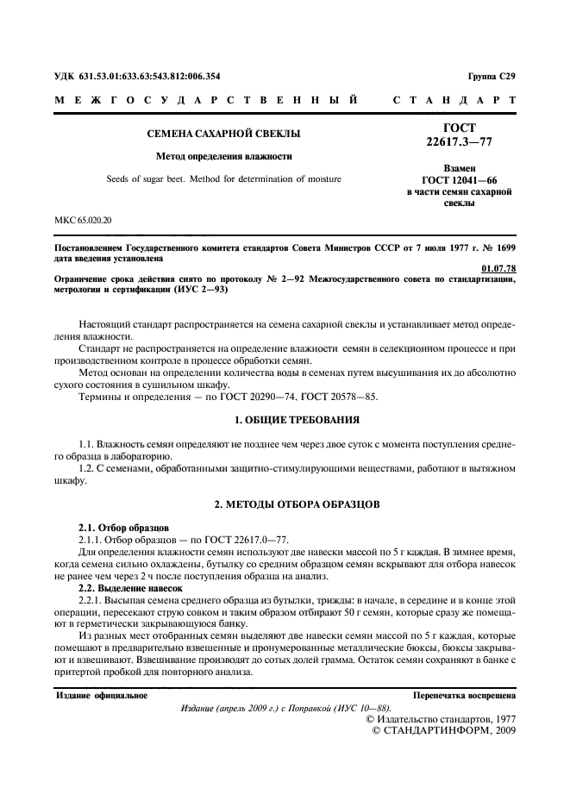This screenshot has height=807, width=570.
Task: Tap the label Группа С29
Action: pos(492,77)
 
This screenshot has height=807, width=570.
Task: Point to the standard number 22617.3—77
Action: pos(460,141)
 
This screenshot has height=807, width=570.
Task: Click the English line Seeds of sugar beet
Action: pos(223,179)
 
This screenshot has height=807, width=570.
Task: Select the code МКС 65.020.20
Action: pos(88,222)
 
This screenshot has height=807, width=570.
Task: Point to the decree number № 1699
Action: pos(497,247)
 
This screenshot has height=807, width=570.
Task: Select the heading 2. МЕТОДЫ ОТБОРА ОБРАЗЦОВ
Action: pos(285,502)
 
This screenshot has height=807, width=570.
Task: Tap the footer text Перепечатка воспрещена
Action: pos(465,694)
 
